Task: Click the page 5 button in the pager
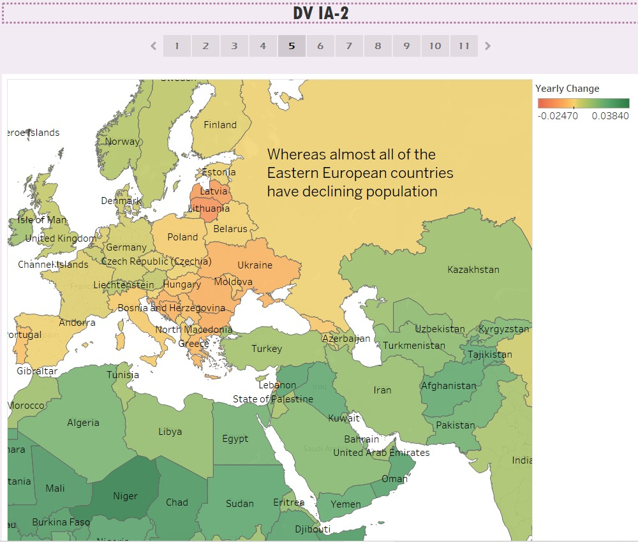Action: (x=292, y=46)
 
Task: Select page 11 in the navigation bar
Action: (x=464, y=46)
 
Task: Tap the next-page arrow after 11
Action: (x=488, y=46)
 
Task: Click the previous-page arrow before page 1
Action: (x=153, y=46)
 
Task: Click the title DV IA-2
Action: (x=320, y=13)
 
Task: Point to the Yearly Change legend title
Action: (x=567, y=89)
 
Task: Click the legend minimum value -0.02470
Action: (x=558, y=116)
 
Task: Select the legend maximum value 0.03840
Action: (x=611, y=116)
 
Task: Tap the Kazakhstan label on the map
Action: (x=473, y=270)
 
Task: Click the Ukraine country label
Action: (x=255, y=265)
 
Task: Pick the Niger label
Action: (x=125, y=496)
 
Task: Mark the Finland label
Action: (x=219, y=125)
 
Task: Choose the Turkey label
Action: (x=266, y=349)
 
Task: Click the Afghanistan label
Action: (x=449, y=386)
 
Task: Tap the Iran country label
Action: (x=382, y=390)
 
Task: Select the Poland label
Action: (x=182, y=237)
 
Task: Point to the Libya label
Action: (x=170, y=432)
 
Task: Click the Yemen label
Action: (x=345, y=504)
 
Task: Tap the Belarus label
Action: (x=230, y=229)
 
